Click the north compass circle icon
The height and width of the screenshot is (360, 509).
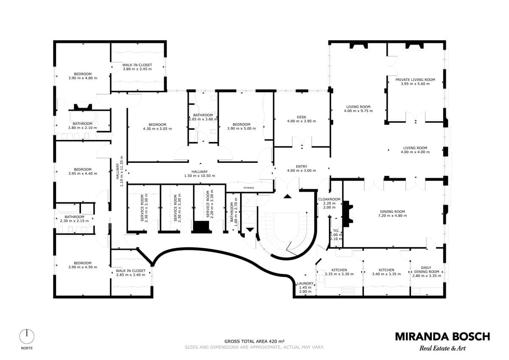coord(27,336)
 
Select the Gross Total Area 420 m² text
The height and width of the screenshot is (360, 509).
coord(255,348)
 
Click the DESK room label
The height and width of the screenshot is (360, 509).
coord(302,117)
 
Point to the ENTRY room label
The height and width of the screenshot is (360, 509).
coord(302,167)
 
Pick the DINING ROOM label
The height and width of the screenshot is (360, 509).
coord(392,212)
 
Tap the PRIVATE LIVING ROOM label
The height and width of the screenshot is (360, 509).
coord(415,80)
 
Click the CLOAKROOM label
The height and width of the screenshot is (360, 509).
coord(329,199)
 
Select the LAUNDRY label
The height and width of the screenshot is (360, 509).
coord(305,283)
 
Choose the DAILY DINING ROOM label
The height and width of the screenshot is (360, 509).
coord(427,270)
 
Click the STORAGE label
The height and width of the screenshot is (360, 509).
coord(249,188)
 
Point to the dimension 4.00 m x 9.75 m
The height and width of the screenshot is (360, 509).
coord(358,111)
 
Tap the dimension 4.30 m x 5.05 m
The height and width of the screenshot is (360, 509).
coord(157,128)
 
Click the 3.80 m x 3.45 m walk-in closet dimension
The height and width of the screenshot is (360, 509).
coord(137,69)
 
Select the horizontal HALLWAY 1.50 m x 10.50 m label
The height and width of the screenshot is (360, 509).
coord(199,173)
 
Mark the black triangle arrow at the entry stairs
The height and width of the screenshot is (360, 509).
coord(288,196)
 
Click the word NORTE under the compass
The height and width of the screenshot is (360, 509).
coord(27,348)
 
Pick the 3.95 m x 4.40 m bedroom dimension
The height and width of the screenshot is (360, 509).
coord(82,173)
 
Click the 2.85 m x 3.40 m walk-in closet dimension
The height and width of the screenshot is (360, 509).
coord(131,275)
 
